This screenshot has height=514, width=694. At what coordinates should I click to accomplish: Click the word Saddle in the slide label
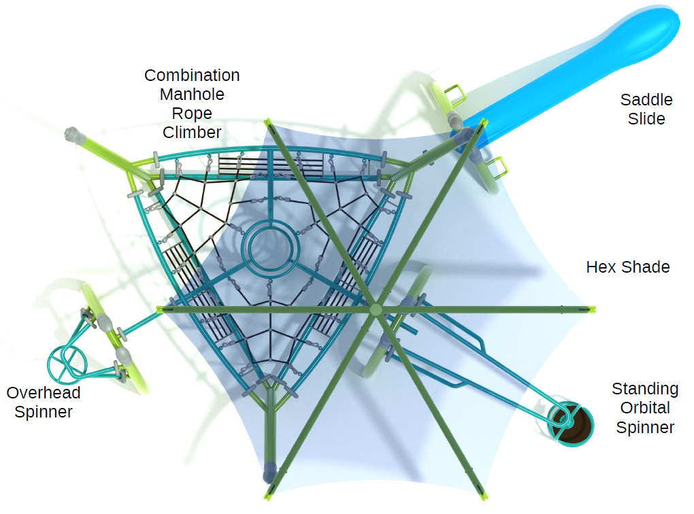tap(646, 100)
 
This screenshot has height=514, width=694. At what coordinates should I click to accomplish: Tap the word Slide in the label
tap(646, 119)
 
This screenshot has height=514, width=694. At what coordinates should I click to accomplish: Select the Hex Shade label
tap(627, 267)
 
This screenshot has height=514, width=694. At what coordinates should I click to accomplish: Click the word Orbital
tap(645, 408)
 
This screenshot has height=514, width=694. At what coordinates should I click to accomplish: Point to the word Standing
tap(645, 390)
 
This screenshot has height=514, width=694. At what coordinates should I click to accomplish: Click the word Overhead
tap(44, 393)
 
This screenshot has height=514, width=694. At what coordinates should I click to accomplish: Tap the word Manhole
tap(192, 95)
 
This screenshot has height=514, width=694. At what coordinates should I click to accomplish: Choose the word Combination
tap(192, 75)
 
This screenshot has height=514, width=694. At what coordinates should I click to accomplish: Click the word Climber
tap(192, 133)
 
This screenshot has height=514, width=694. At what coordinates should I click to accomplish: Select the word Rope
tap(192, 114)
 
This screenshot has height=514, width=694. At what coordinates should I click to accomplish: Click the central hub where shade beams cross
tap(376, 309)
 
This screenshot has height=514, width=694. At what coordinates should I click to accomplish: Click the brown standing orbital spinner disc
tap(571, 425)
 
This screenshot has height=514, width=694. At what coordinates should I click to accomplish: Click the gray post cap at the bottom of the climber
tap(269, 472)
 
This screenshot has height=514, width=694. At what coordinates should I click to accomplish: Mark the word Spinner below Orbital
tap(645, 428)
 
